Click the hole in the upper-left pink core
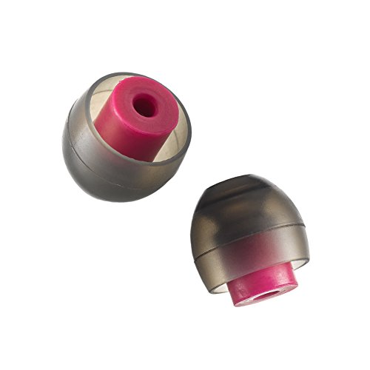pos(145,107)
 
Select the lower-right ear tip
pos(252,229)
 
